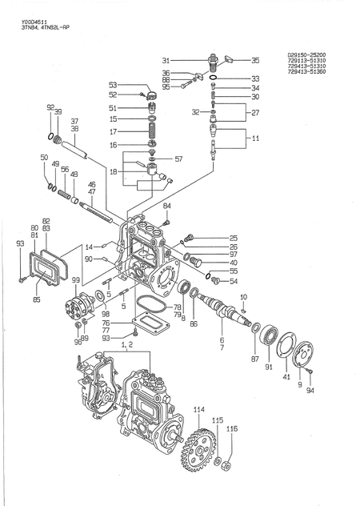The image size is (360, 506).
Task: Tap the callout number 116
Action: pos(231,429)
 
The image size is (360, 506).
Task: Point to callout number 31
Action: pos(165,60)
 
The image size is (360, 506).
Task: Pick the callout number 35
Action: pos(255,60)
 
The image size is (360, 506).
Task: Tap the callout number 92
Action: pos(50,107)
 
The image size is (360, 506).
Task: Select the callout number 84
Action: pos(167,207)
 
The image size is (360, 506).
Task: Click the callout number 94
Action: pos(311,392)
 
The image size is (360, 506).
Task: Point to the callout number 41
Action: pos(286,375)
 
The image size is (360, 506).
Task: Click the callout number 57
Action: pos(178,159)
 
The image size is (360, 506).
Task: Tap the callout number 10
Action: pos(243,297)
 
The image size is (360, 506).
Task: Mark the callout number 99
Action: pos(75,280)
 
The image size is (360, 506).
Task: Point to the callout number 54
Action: pos(234,281)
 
